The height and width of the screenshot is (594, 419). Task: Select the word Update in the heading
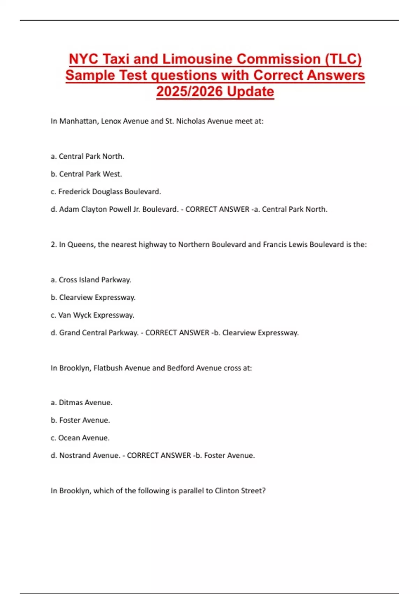coord(250,92)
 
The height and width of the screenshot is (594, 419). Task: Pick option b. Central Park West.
coord(87,174)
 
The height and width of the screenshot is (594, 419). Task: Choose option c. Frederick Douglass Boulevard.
coord(106,191)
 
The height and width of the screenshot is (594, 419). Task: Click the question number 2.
coord(53,245)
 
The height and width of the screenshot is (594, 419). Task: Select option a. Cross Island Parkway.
coord(91,280)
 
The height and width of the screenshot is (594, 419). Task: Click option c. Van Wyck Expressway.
coord(93,315)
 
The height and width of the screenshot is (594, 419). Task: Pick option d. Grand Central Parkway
coord(94,333)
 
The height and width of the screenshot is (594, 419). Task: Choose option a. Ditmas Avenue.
coord(82,403)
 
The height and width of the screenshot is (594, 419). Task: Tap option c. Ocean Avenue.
coord(80,438)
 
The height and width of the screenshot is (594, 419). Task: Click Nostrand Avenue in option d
coord(89,456)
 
